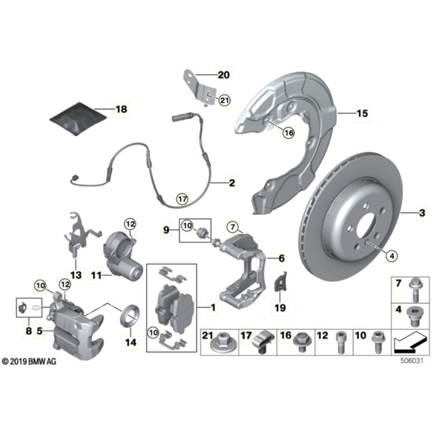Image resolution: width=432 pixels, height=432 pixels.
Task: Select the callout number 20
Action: click(222, 74)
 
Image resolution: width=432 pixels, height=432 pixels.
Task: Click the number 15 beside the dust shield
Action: click(361, 114)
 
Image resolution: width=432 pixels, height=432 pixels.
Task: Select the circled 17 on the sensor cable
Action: click(182, 199)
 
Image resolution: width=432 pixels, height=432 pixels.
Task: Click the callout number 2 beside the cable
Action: click(232, 184)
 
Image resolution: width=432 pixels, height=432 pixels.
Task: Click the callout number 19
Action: click(280, 308)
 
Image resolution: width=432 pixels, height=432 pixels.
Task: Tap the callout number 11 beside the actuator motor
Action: click(96, 276)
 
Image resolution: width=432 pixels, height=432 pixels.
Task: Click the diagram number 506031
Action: click(411, 362)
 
